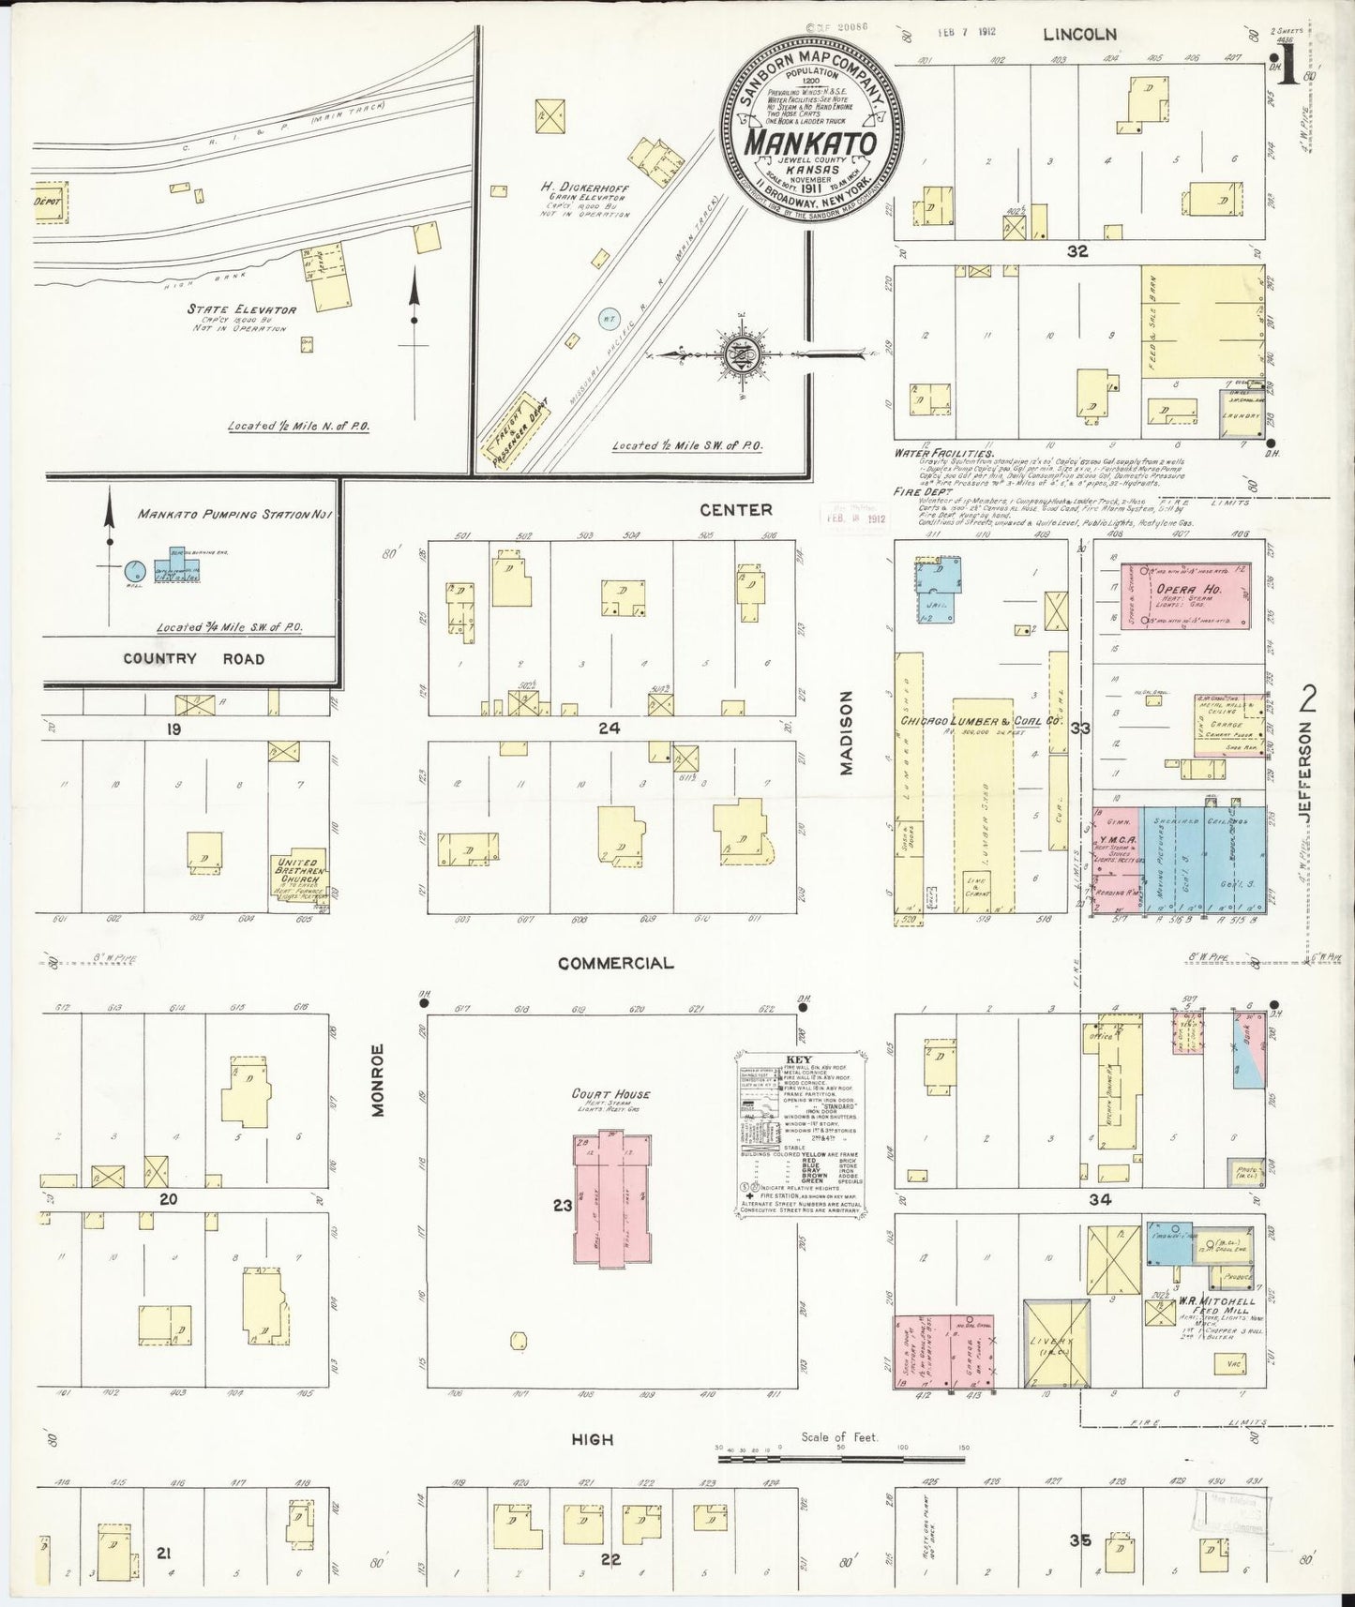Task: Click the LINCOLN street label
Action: pos(1080,35)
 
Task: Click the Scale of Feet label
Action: pos(838,1463)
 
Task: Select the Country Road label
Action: pos(194,658)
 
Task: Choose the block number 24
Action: pos(610,728)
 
